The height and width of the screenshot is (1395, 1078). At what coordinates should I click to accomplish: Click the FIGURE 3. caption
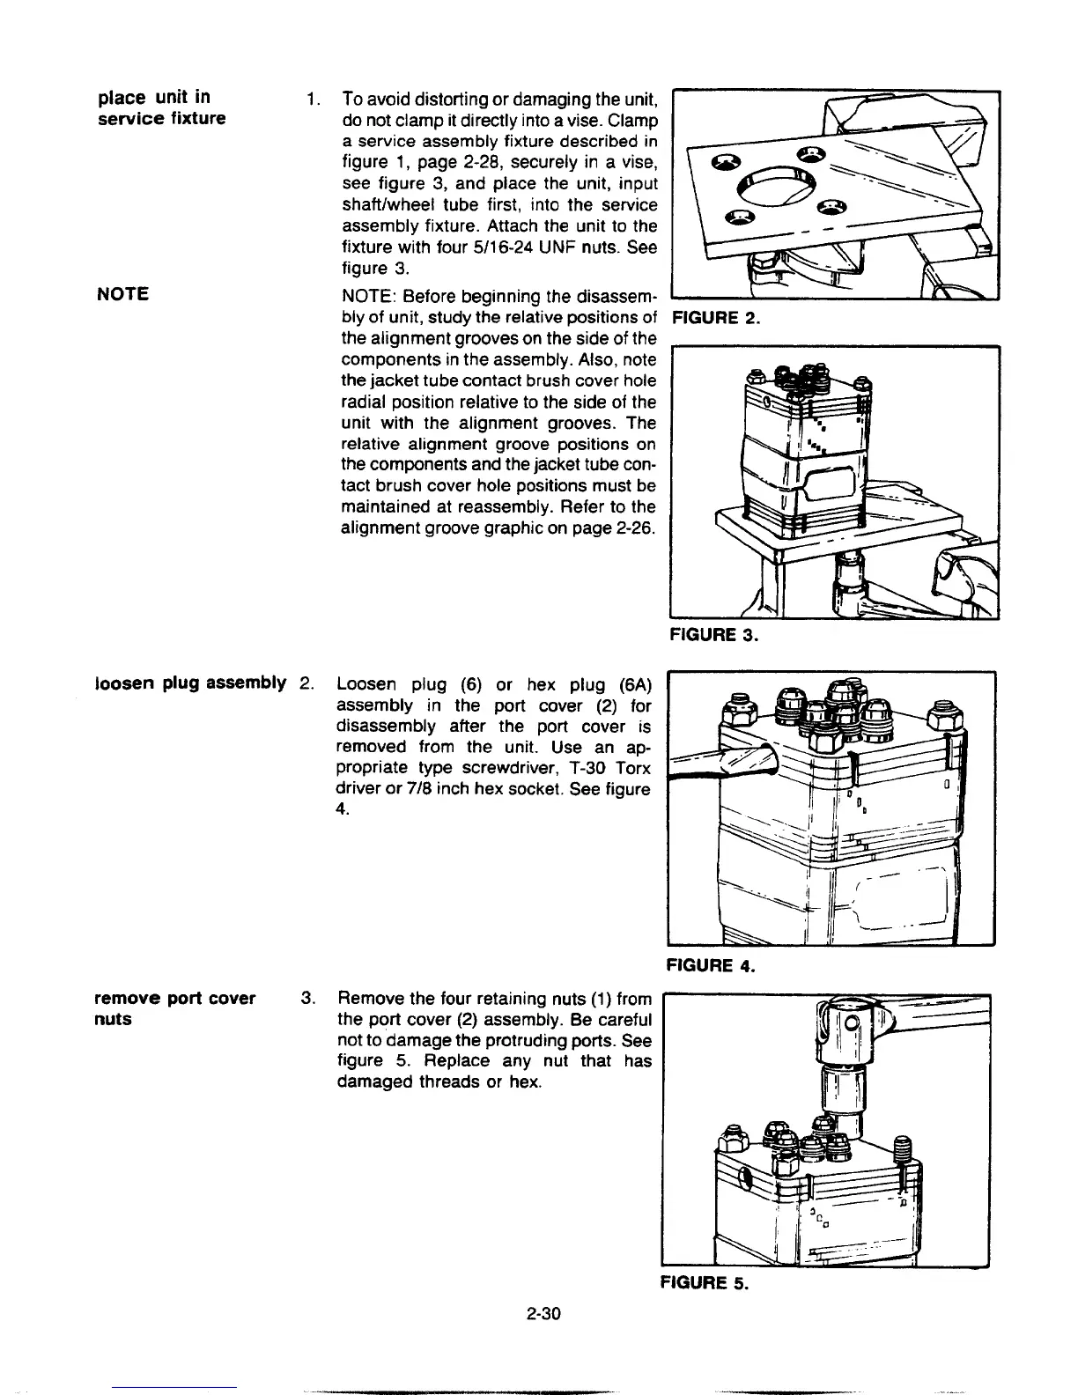click(x=714, y=634)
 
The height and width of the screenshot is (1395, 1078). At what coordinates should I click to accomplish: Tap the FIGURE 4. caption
click(x=712, y=966)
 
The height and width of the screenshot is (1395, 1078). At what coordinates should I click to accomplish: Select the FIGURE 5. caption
click(x=704, y=1283)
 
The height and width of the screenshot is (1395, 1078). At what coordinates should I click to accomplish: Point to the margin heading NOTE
click(x=122, y=293)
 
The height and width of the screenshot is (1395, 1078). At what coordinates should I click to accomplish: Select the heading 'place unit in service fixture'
click(x=161, y=107)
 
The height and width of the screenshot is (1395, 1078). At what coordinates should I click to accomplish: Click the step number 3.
click(x=307, y=998)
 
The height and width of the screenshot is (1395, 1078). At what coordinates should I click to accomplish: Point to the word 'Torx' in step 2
click(x=631, y=768)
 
